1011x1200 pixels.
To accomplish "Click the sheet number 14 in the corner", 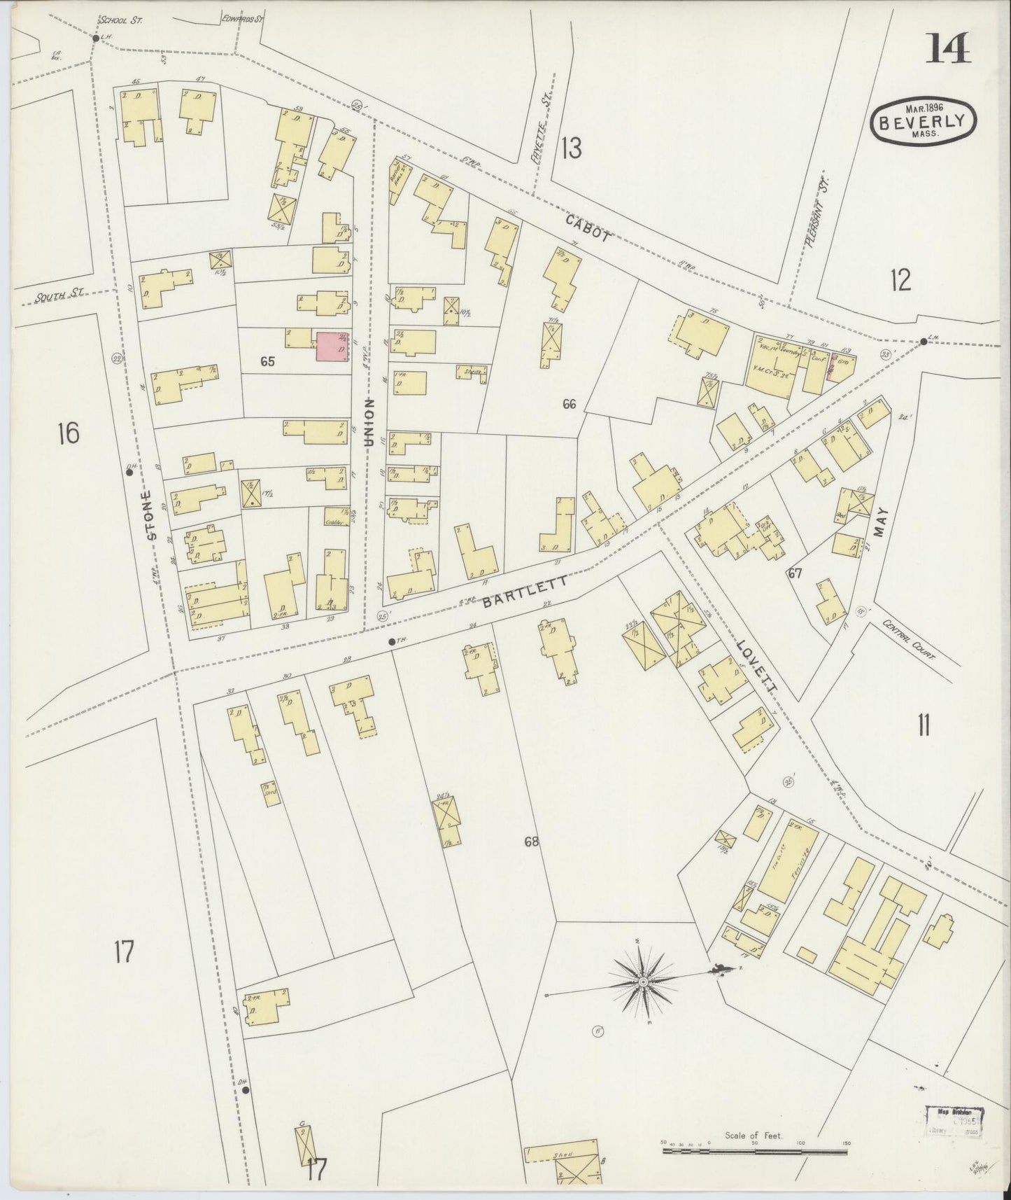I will click(x=949, y=49).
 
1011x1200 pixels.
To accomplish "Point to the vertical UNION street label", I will click(x=369, y=422).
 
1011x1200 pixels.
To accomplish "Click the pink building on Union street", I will click(x=332, y=347).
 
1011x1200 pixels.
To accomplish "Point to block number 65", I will click(x=267, y=362).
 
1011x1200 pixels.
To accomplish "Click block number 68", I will click(x=532, y=842).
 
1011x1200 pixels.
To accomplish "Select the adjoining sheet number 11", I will click(x=923, y=727).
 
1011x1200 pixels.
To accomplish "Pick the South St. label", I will click(x=59, y=297).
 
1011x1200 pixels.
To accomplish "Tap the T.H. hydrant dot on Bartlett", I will click(x=392, y=641).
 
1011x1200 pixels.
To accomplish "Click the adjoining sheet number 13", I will click(x=571, y=148).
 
